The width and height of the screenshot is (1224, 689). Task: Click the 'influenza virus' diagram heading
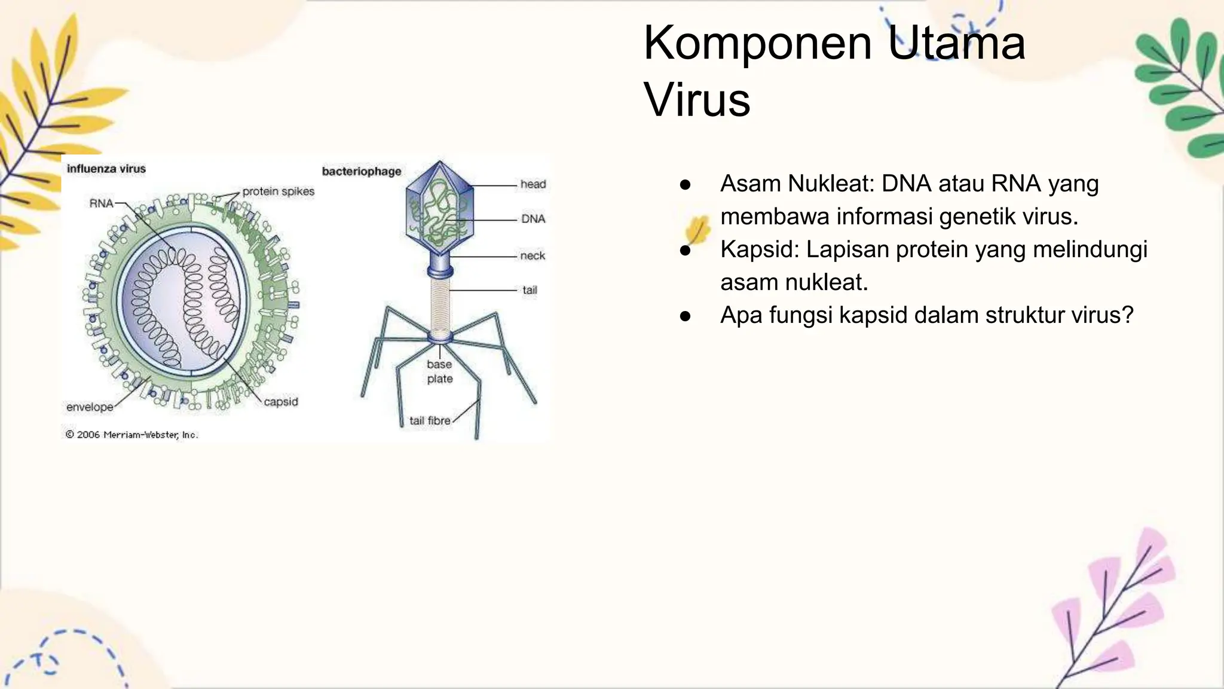tap(106, 169)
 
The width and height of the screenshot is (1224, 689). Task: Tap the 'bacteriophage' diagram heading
tap(362, 172)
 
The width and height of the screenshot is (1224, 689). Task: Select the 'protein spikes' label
tap(278, 191)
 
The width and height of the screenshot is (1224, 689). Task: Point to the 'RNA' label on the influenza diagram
tap(101, 203)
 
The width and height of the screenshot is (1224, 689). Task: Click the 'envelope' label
tap(90, 407)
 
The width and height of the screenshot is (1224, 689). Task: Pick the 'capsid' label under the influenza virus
tap(281, 402)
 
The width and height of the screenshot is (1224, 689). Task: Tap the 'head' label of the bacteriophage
tap(533, 184)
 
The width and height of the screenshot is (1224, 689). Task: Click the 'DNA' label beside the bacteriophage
tap(533, 219)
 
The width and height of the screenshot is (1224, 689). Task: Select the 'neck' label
tap(533, 256)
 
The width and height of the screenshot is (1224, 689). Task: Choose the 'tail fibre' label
tap(430, 421)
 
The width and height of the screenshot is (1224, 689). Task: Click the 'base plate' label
tap(440, 371)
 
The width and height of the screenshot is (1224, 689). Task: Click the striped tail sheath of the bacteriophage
tap(440, 305)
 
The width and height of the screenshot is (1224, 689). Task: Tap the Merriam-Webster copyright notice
tap(131, 435)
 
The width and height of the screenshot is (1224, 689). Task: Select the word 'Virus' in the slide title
tap(697, 100)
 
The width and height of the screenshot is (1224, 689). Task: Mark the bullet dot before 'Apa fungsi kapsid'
tap(686, 316)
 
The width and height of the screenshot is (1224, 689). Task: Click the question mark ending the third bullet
tap(1127, 315)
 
